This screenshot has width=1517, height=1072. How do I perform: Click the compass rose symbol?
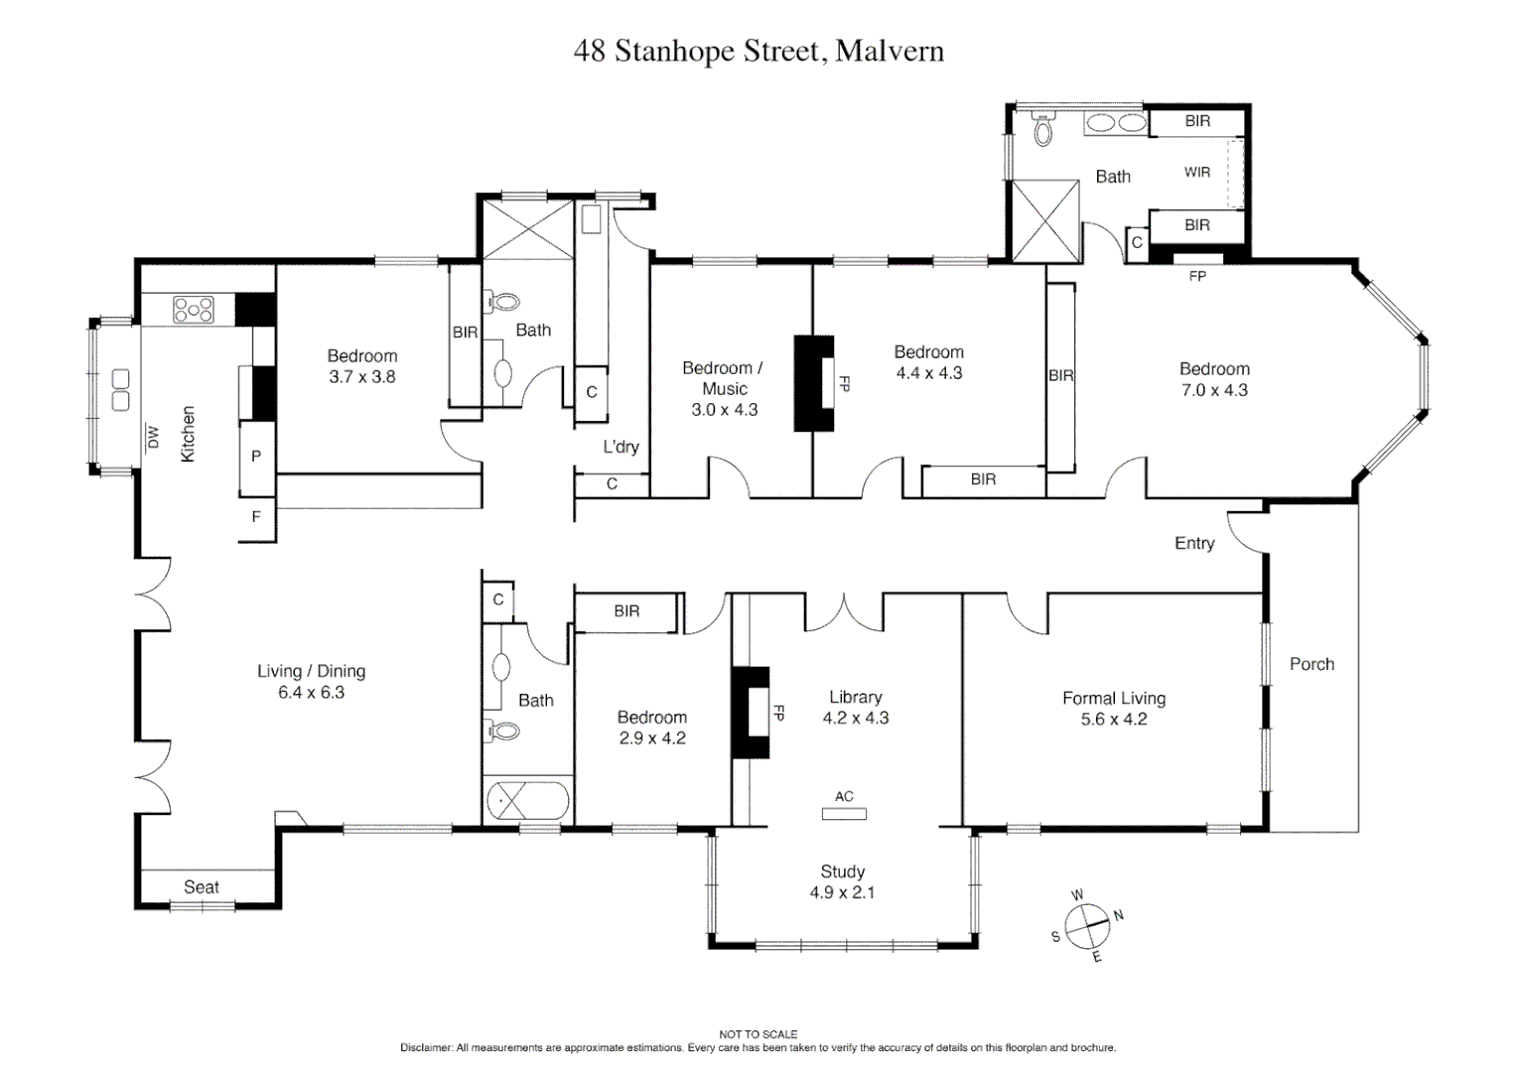(x=1087, y=925)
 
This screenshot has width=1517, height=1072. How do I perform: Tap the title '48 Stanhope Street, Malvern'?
(x=758, y=51)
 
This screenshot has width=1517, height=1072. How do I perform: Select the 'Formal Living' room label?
(x=1113, y=698)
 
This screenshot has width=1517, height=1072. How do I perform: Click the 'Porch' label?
(x=1310, y=664)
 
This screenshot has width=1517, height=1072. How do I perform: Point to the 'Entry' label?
(x=1193, y=543)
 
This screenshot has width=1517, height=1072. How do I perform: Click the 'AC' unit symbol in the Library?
(x=844, y=813)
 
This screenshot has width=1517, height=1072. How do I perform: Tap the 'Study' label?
(x=842, y=871)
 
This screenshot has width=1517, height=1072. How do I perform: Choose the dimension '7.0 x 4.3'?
(x=1213, y=390)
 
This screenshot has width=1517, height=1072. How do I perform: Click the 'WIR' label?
(x=1196, y=172)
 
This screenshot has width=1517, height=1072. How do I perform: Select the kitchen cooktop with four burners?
(x=194, y=310)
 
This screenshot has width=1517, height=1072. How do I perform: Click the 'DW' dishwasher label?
(x=153, y=437)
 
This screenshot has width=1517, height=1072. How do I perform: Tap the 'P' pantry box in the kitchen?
(x=256, y=457)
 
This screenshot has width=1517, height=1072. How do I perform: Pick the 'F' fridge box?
(x=256, y=517)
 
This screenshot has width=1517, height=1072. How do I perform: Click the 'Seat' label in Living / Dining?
(x=202, y=886)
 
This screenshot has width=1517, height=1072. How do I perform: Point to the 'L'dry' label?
(x=621, y=447)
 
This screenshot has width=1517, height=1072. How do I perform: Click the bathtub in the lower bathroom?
(x=527, y=800)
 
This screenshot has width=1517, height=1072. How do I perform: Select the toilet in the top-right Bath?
(x=1042, y=130)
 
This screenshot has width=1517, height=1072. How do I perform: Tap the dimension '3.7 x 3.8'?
(x=362, y=377)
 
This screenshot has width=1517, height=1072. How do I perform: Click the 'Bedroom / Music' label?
(x=723, y=378)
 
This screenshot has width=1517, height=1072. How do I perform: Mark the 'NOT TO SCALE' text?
(x=758, y=1034)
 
